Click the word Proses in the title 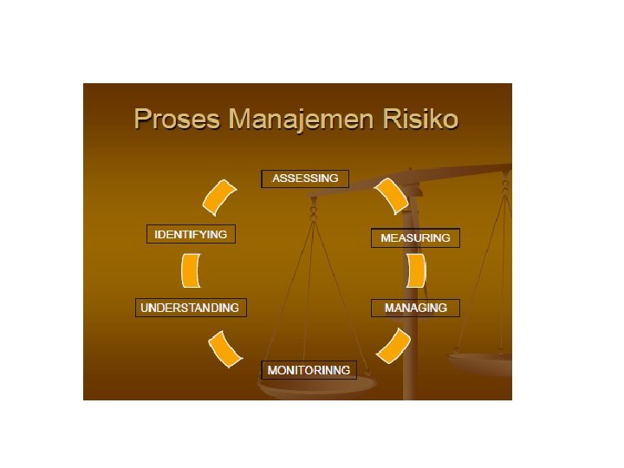(x=177, y=119)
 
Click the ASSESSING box (x=305, y=179)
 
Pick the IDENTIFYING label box (x=191, y=235)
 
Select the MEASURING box (x=415, y=238)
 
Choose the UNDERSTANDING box (x=191, y=308)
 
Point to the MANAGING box (x=415, y=308)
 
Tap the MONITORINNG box (x=309, y=370)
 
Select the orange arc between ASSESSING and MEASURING (x=391, y=196)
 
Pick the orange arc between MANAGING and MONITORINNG (x=394, y=345)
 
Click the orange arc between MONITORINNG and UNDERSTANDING (x=225, y=349)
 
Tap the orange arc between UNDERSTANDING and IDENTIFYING (x=191, y=270)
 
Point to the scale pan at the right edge (x=482, y=361)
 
